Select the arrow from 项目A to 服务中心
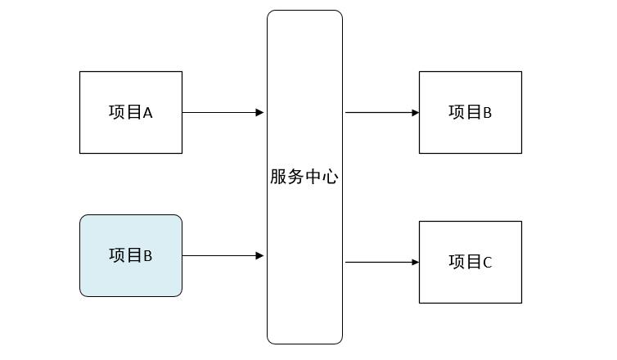coord(221,112)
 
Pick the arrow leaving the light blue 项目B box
coord(221,256)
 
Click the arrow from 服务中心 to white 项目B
coord(381,112)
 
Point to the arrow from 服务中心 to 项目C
coord(381,263)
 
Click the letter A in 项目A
coord(148,114)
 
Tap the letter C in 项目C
coord(488,263)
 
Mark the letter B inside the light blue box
coord(148,256)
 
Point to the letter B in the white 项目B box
coord(488,114)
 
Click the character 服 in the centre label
coord(278,177)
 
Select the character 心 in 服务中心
coord(330,177)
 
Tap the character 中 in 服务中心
coord(313,177)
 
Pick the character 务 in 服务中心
coord(295,177)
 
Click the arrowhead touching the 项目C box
coord(416,263)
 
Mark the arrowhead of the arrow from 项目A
coord(259,112)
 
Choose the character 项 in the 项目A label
coord(116,113)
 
